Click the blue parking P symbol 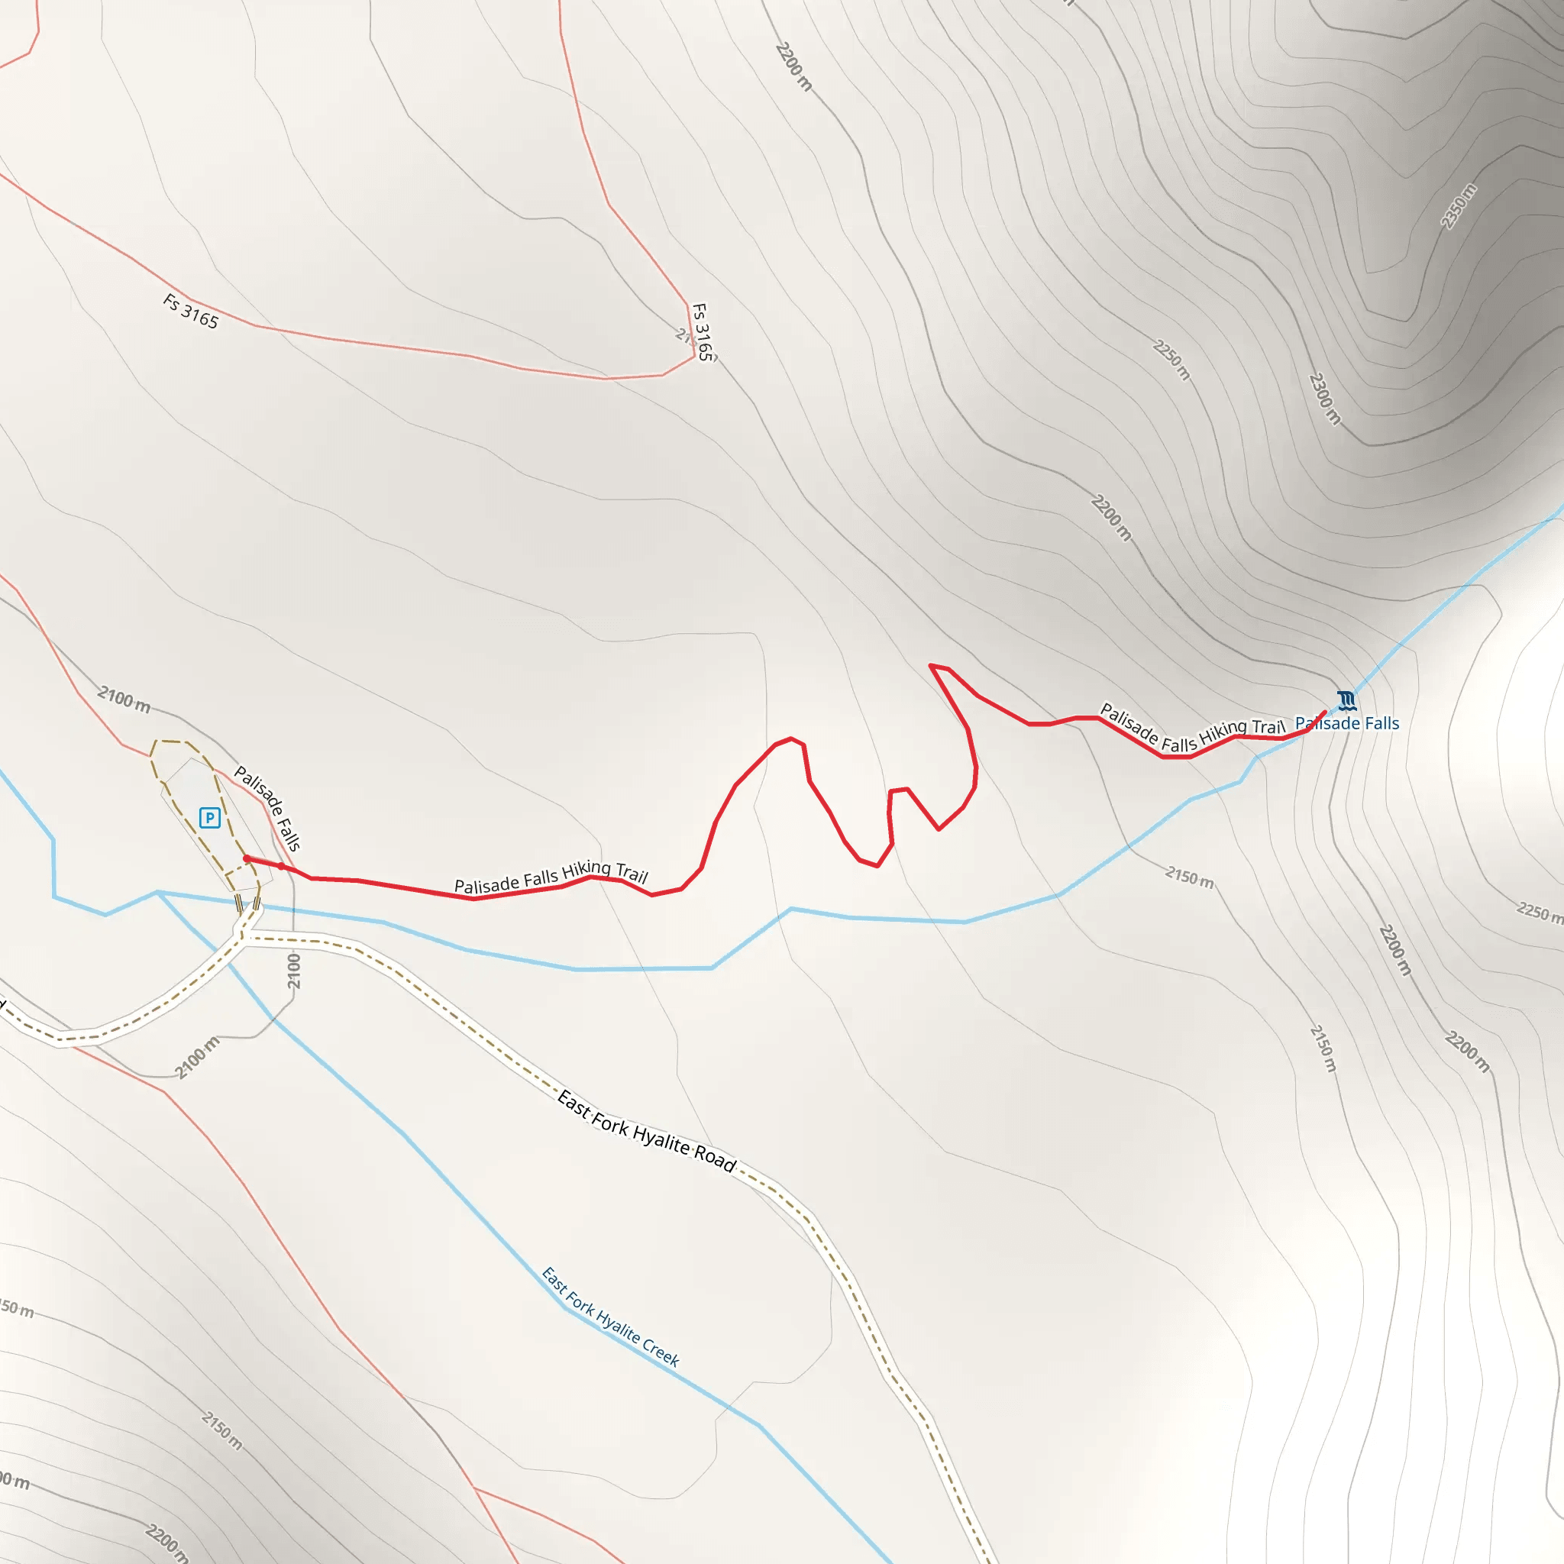(210, 818)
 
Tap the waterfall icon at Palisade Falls (1346, 700)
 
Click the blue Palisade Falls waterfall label (1347, 724)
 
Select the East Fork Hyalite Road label (647, 1132)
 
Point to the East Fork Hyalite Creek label (610, 1317)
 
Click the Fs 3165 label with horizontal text (191, 312)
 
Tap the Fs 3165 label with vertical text (703, 332)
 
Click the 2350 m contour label (1459, 206)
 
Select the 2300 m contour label (1325, 399)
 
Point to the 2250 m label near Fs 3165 (1171, 360)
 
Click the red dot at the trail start (246, 859)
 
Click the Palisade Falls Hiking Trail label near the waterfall (1191, 729)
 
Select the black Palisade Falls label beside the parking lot (268, 808)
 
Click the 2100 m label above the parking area (124, 700)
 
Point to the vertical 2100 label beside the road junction (294, 971)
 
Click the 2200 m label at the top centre (793, 66)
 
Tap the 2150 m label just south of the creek (1189, 877)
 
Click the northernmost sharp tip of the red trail (931, 665)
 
